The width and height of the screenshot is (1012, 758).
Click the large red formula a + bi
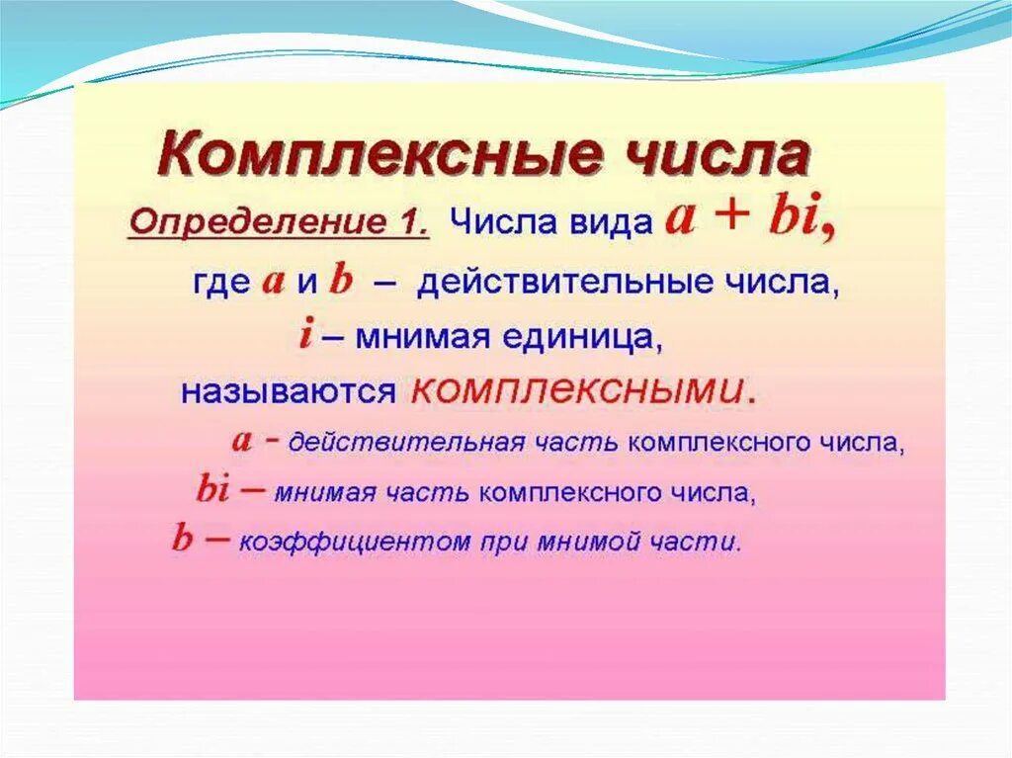751,216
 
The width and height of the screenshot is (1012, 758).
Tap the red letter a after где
274,283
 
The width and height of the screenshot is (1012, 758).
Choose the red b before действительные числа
341,282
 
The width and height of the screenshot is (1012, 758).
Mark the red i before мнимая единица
306,336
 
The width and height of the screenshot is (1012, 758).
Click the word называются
288,391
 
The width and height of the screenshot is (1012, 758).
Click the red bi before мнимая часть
212,488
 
